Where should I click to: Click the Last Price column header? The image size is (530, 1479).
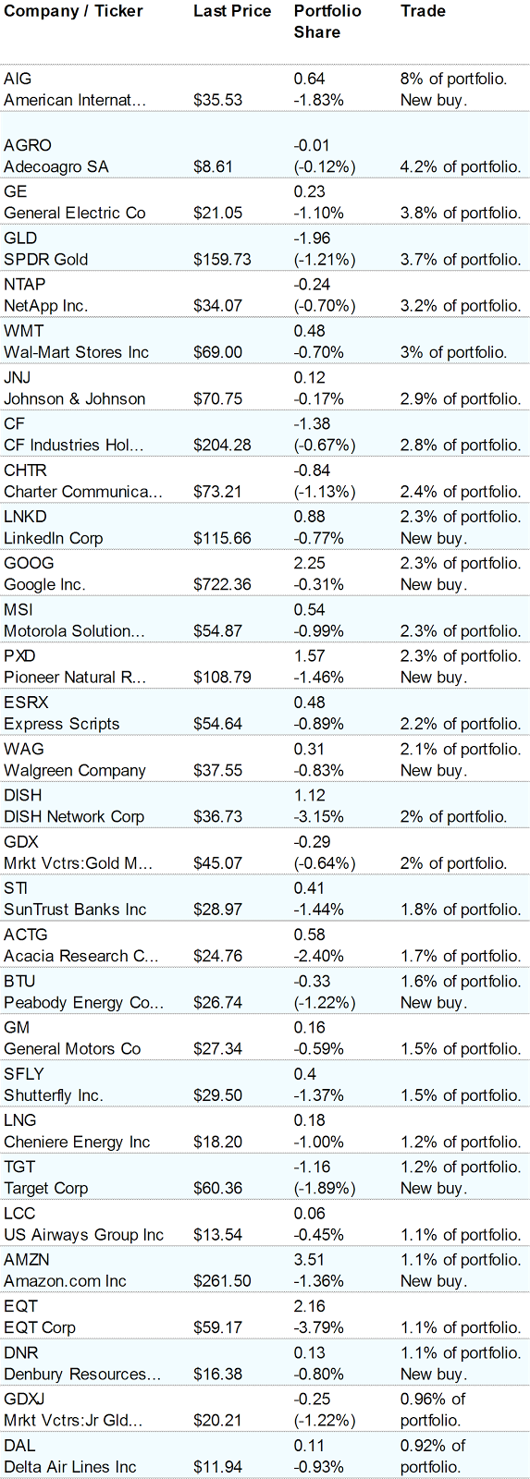pos(232,12)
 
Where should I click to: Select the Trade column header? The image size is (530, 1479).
pos(423,12)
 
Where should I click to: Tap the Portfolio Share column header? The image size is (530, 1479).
pos(317,22)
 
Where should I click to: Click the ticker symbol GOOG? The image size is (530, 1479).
pos(29,563)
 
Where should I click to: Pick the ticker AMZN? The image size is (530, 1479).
pos(27,1260)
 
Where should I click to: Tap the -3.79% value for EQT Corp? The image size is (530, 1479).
pos(318,1327)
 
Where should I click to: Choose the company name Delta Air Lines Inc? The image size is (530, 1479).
pos(69,1467)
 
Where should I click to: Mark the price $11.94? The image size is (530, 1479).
pos(217,1467)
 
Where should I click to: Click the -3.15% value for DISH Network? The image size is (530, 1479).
pos(318,817)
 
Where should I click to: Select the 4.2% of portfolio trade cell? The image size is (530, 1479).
pos(460,167)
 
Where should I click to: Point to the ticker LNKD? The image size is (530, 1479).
pos(25,517)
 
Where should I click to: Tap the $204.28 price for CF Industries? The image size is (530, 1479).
pos(222,446)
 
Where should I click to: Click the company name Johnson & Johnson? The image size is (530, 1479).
pos(74,399)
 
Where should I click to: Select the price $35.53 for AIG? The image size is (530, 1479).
pos(217,100)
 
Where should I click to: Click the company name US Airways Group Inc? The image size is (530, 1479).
pos(83,1235)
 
